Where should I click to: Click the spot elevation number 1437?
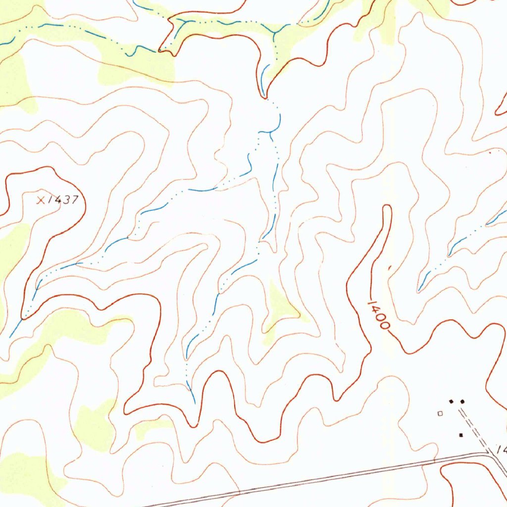point(63,200)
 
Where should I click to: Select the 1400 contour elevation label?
point(378,315)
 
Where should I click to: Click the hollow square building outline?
point(440,412)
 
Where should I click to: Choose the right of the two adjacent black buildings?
point(462,401)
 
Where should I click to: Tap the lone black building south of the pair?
point(461,435)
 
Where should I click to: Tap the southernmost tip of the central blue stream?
point(194,401)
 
